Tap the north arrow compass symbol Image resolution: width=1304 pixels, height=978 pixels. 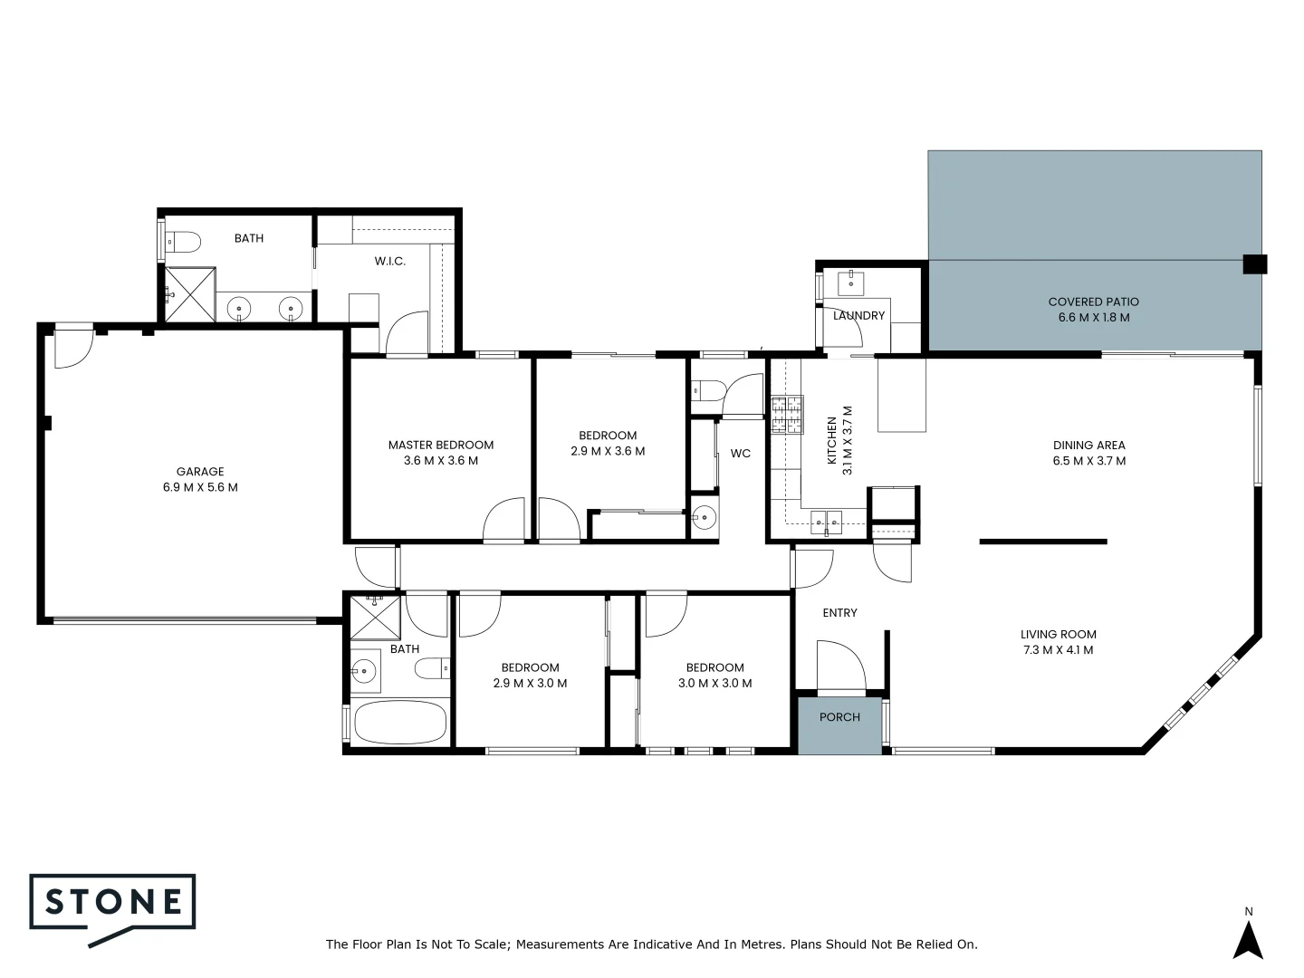point(1248,939)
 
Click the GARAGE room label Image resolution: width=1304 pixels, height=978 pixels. point(200,472)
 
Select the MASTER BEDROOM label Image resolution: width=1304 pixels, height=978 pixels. point(441,445)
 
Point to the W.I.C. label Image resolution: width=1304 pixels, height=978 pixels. point(390,262)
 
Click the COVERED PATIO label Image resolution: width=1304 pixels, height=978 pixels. point(1093,302)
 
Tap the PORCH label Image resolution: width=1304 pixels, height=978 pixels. point(839,717)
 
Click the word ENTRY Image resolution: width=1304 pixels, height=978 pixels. point(839,613)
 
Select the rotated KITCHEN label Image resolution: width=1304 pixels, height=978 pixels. point(832,441)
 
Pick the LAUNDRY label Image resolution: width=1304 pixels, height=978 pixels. point(858,316)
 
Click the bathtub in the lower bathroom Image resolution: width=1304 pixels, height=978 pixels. point(400,723)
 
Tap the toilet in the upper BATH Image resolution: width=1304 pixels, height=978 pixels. point(184,242)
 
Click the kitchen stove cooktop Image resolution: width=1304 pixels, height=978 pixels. point(786,415)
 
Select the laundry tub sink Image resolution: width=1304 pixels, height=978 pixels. point(852,283)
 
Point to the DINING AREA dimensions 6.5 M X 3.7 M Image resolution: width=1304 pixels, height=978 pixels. point(1088,461)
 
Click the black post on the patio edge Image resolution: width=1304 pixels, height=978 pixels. point(1254,264)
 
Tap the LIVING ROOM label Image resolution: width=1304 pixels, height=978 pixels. point(1058,635)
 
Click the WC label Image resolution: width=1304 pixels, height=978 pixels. point(740,454)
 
